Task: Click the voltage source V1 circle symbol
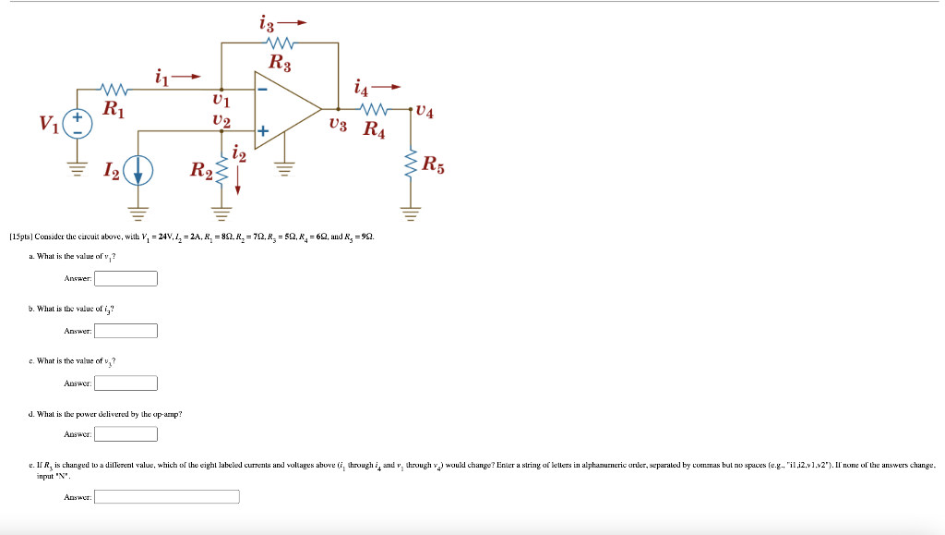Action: [x=78, y=125]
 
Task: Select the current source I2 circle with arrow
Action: [x=139, y=172]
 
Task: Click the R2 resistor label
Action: [x=201, y=170]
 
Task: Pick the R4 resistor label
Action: [x=374, y=130]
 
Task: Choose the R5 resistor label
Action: [x=433, y=166]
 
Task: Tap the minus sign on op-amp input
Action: [x=263, y=90]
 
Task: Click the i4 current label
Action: [x=363, y=89]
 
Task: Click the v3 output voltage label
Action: [x=338, y=124]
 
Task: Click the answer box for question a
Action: [x=126, y=278]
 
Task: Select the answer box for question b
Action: [x=126, y=331]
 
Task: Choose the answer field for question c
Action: [x=126, y=383]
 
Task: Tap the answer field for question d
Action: [x=126, y=433]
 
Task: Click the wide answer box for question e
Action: [x=167, y=497]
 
